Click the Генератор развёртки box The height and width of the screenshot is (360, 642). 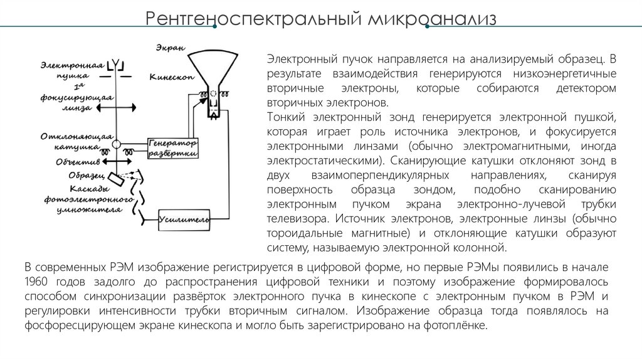coord(173,148)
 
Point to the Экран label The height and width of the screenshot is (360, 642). coord(168,48)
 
